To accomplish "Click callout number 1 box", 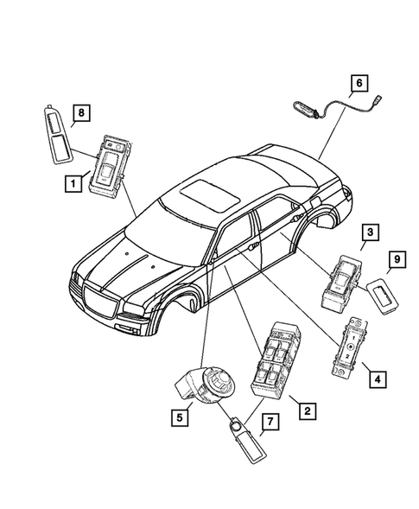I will pyautogui.click(x=76, y=182).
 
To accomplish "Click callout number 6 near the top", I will pyautogui.click(x=359, y=84).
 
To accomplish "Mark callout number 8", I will pyautogui.click(x=79, y=112).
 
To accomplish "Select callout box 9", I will pyautogui.click(x=397, y=258).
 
